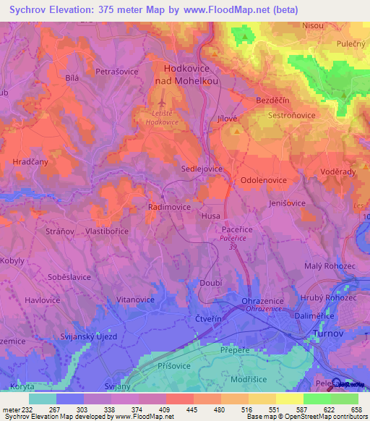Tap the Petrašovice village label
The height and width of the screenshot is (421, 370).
coord(118,72)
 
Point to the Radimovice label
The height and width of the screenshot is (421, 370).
coord(169,206)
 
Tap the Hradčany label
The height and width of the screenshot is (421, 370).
coord(31,163)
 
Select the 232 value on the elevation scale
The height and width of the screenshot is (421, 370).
coord(26,409)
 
